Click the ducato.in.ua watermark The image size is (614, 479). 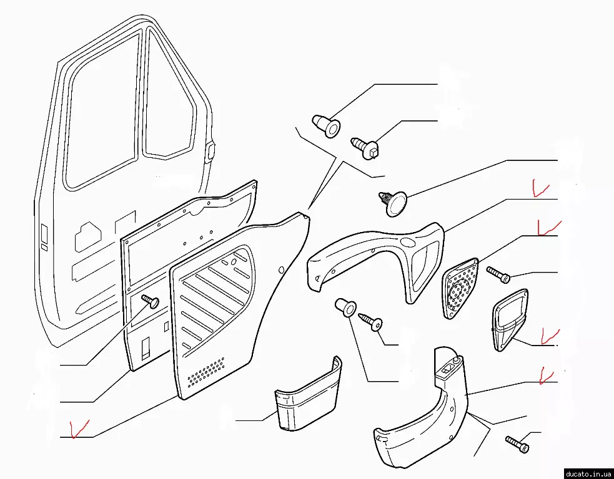[x=588, y=473]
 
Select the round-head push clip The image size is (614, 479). [x=393, y=203]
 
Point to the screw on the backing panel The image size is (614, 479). [x=151, y=301]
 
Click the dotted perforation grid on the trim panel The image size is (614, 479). [x=206, y=371]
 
